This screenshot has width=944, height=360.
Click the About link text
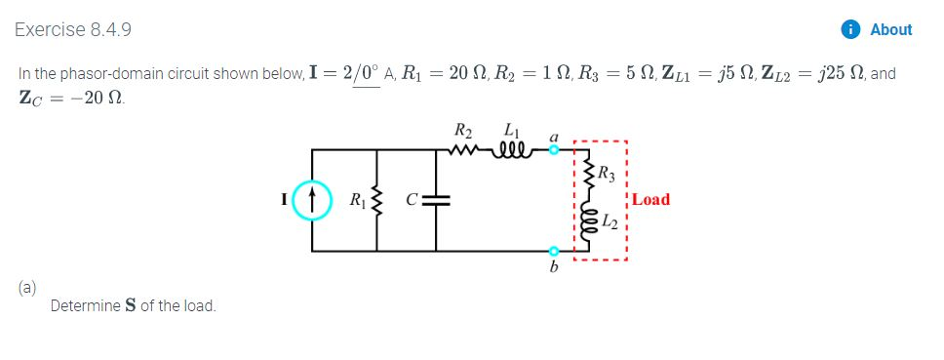890,29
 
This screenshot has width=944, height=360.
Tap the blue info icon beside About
852,29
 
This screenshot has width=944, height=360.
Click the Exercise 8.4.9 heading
73,29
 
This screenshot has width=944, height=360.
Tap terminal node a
554,150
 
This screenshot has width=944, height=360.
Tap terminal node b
554,252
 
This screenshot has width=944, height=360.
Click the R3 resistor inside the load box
588,177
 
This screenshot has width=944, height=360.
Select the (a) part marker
25,288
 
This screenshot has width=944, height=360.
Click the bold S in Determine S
130,306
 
